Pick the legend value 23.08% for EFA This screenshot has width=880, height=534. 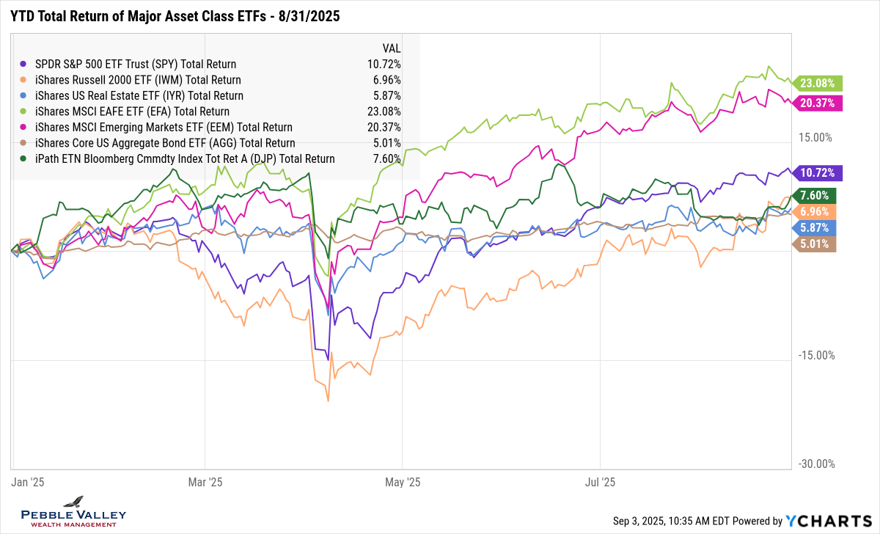tap(384, 111)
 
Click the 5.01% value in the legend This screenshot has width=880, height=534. tap(386, 143)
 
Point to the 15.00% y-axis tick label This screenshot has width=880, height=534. tap(815, 137)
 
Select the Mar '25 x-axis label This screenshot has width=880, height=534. tap(205, 482)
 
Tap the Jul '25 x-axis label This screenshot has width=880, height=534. tap(600, 482)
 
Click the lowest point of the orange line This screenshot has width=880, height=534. tap(328, 400)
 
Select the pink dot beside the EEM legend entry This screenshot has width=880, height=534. tap(26, 128)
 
